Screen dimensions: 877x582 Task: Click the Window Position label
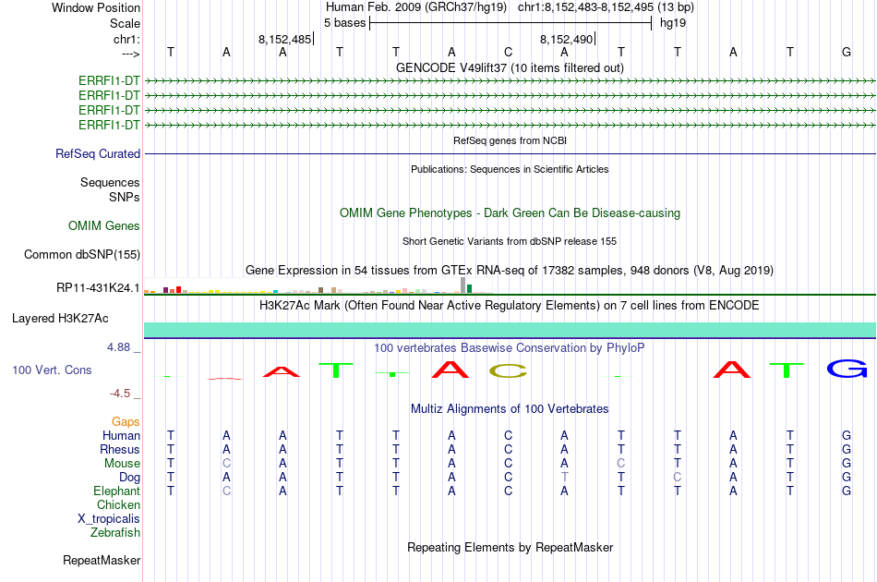[96, 7]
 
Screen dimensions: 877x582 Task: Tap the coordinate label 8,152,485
[284, 39]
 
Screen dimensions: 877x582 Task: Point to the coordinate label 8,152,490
[566, 39]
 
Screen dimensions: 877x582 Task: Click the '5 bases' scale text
[344, 23]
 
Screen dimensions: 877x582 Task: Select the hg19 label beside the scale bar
[673, 23]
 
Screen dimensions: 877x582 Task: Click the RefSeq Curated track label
[98, 153]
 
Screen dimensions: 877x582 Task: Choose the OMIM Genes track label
[104, 225]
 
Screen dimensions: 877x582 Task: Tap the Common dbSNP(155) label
[82, 255]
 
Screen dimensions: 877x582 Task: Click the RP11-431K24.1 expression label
[98, 287]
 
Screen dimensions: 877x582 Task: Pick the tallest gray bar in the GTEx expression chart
[463, 285]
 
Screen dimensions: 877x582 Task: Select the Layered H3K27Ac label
[60, 319]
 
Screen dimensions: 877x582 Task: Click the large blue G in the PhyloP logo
[847, 370]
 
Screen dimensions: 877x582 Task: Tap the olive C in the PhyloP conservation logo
[508, 371]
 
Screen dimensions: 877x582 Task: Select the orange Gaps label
[126, 421]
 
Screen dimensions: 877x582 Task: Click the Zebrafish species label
[115, 532]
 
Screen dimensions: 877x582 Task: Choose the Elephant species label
[117, 491]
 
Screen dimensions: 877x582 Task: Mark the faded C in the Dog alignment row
[678, 477]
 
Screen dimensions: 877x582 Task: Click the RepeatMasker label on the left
[102, 560]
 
